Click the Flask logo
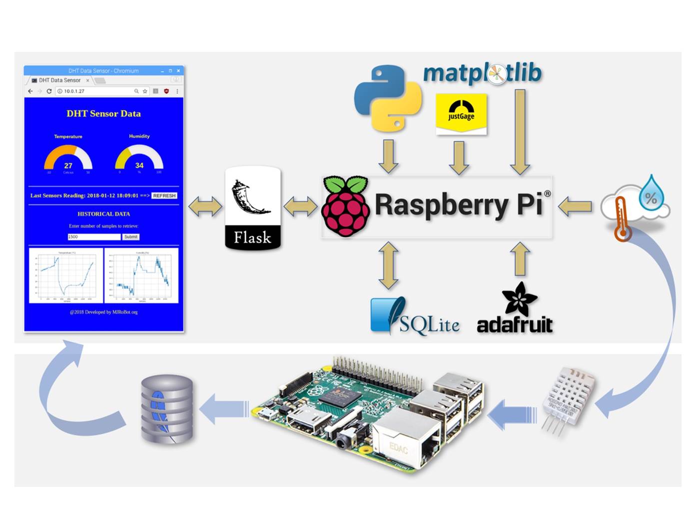click(x=253, y=208)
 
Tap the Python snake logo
click(x=388, y=98)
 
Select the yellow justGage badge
click(x=461, y=113)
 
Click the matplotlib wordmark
click(x=482, y=73)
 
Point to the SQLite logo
click(x=415, y=317)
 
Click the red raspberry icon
click(x=345, y=206)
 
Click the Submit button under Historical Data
click(x=131, y=237)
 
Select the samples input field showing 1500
click(x=94, y=237)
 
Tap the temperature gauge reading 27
click(x=68, y=159)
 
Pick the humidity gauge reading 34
click(x=139, y=158)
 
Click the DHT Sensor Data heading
click(x=104, y=114)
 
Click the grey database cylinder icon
click(x=166, y=409)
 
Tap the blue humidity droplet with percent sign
click(x=651, y=193)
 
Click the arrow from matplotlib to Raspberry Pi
click(x=520, y=132)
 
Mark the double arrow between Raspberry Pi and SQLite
click(x=389, y=265)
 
